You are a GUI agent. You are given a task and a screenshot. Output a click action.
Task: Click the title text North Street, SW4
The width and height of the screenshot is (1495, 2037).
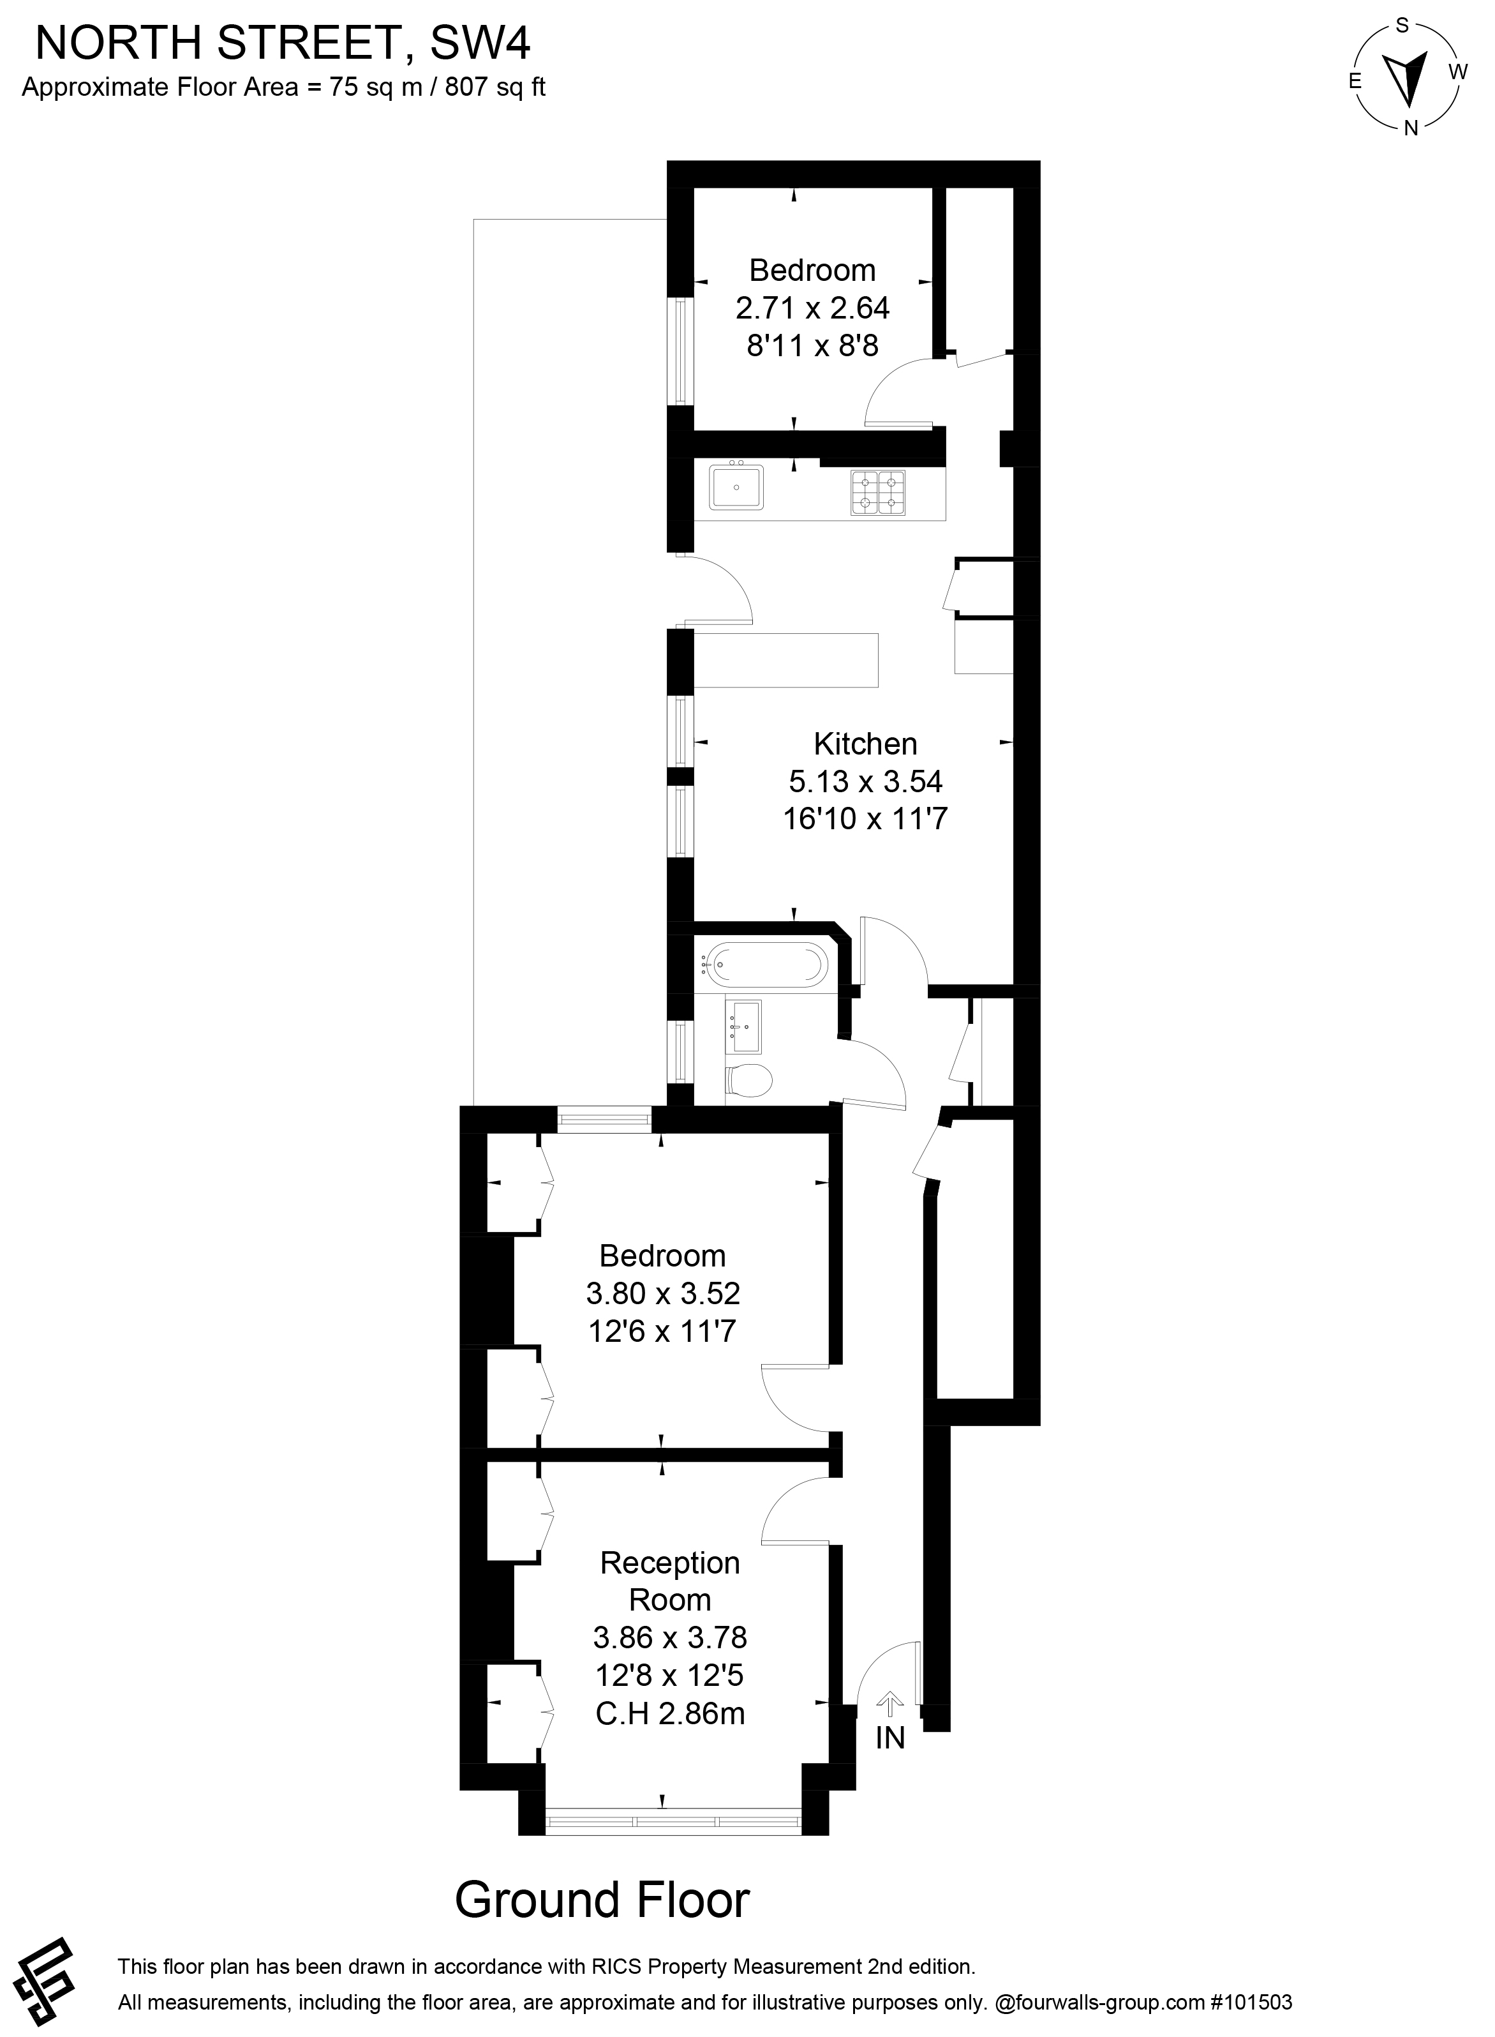tap(283, 43)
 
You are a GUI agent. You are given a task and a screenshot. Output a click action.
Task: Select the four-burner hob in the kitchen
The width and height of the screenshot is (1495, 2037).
tap(878, 493)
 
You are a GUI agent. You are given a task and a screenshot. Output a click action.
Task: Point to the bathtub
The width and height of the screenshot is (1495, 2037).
tap(766, 966)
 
